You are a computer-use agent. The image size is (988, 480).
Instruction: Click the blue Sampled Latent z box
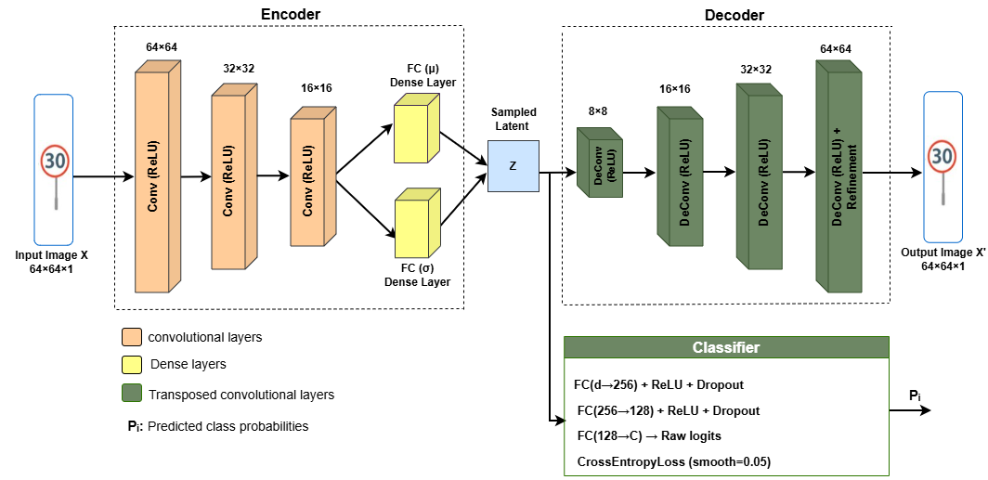[513, 166]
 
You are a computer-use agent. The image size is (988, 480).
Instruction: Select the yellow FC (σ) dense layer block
[415, 226]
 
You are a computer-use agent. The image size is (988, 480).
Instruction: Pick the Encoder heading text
[289, 13]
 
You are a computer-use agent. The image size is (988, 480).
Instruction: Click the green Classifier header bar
[726, 348]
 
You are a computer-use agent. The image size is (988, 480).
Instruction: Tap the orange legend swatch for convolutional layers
[131, 338]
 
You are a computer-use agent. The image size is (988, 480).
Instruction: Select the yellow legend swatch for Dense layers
[131, 365]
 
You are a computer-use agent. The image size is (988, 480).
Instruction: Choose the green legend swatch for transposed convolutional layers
[131, 395]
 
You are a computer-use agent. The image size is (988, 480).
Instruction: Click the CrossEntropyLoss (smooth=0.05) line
[673, 461]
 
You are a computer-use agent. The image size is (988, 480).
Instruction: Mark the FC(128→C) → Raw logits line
[648, 436]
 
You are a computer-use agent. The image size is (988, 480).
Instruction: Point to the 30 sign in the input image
[54, 162]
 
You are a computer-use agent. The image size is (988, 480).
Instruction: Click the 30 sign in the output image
[943, 156]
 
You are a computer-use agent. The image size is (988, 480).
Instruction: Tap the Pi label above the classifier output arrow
[915, 396]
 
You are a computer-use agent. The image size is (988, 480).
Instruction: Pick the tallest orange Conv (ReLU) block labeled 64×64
[158, 176]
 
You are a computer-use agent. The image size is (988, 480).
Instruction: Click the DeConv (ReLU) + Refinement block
[839, 176]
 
